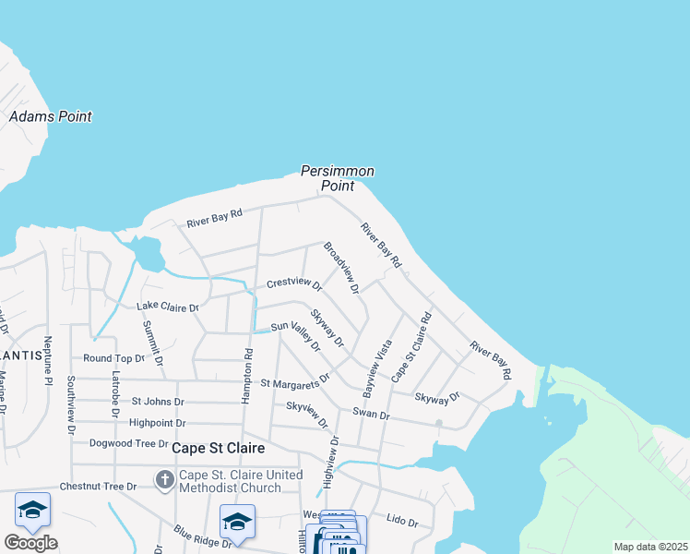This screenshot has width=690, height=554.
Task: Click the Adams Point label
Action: pyautogui.click(x=50, y=117)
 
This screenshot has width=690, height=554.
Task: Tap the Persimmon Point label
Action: pyautogui.click(x=338, y=178)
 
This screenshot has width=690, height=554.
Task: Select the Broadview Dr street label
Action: pyautogui.click(x=340, y=268)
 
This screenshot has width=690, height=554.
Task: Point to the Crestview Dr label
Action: pyautogui.click(x=294, y=284)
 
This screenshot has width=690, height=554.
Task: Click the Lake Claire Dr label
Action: pyautogui.click(x=168, y=306)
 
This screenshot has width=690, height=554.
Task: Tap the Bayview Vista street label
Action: pyautogui.click(x=380, y=362)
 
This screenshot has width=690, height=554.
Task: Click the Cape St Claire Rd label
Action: pyautogui.click(x=412, y=347)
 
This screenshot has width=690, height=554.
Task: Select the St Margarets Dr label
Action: pyautogui.click(x=295, y=382)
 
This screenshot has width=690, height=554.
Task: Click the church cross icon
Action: pyautogui.click(x=165, y=479)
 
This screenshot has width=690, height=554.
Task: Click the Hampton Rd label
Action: pyautogui.click(x=247, y=369)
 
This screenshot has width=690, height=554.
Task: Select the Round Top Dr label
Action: pyautogui.click(x=114, y=358)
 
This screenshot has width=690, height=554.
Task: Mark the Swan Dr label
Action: pyautogui.click(x=371, y=415)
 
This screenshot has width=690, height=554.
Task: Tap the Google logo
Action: pyautogui.click(x=30, y=543)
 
